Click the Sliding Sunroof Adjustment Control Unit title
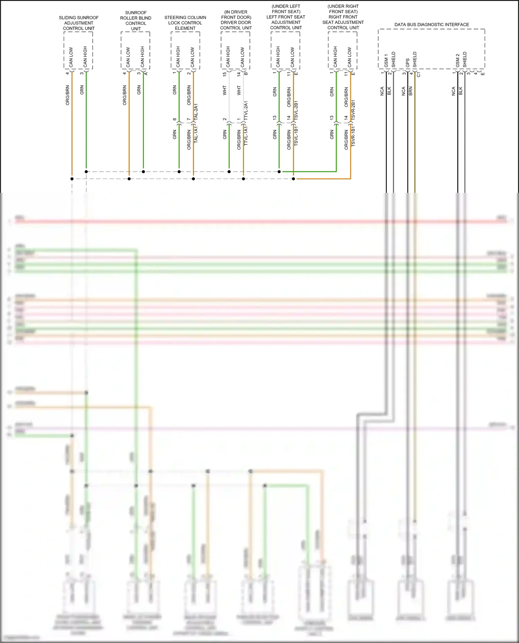coord(79,23)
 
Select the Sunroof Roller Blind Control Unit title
coord(136,21)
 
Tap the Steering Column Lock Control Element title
coord(185,23)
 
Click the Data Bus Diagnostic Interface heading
coord(431,25)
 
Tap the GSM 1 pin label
coord(386,60)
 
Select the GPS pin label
coord(408,63)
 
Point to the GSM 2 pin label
coord(457,60)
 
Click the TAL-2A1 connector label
coord(196,112)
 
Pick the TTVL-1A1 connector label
coord(246,135)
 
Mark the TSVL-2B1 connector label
coord(296,111)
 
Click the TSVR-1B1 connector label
coord(353,136)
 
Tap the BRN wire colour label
coord(411,91)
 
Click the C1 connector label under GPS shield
coord(419,74)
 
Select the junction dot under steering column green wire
coord(179,171)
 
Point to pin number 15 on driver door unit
coord(225,74)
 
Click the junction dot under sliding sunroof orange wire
coord(72,179)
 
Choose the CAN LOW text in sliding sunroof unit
coord(71,57)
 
